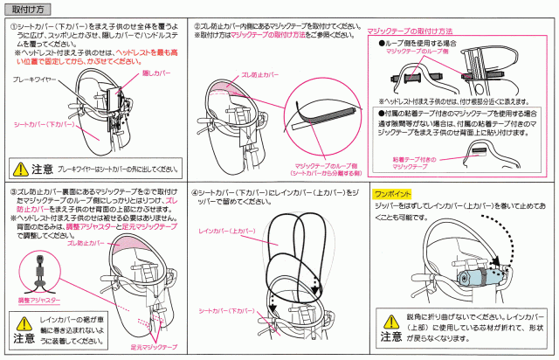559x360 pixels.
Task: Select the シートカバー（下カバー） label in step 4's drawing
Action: tap(222, 310)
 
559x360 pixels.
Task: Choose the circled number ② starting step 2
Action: tap(196, 27)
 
